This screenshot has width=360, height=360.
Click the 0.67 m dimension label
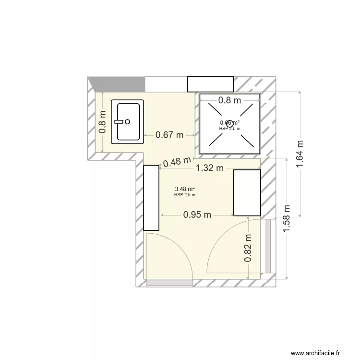click(169, 135)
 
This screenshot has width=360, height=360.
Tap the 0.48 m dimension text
click(178, 162)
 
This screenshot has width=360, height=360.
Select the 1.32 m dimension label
click(210, 168)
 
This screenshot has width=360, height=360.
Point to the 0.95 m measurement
click(197, 215)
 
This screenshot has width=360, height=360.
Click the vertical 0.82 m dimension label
click(248, 248)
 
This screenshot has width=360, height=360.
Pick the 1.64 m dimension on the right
click(300, 154)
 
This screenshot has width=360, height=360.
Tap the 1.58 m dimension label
click(287, 218)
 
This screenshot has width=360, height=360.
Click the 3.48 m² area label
click(185, 189)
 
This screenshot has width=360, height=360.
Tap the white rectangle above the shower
click(210, 84)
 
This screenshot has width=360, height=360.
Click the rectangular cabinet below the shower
click(247, 192)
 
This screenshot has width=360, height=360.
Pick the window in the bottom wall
click(169, 283)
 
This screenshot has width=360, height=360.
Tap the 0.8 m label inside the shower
click(229, 100)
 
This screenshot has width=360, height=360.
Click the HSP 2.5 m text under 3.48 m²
click(185, 194)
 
